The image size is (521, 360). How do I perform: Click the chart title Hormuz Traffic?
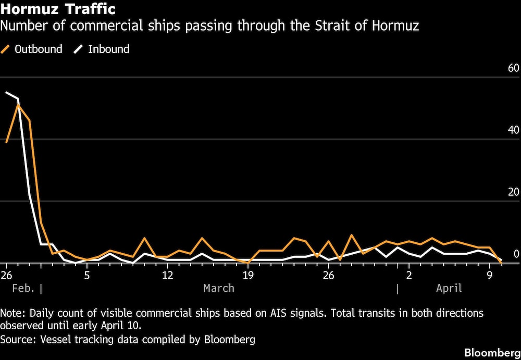58,9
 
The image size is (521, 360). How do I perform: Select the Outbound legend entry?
38,49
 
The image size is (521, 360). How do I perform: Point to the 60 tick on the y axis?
513,68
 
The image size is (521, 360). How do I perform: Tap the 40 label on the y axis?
513,130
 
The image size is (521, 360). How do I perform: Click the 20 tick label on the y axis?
513,192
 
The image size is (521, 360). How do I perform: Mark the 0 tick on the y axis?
516,254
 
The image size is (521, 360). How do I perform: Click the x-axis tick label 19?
247,275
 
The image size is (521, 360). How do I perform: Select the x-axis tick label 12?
167,275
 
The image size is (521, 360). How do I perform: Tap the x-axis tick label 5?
87,275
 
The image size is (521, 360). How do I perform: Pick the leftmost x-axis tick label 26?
7,275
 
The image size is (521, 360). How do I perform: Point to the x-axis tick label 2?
409,275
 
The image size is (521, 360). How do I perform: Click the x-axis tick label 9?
489,275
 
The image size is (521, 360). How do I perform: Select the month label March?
219,288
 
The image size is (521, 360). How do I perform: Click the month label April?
449,288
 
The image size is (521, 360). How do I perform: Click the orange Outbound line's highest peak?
18,105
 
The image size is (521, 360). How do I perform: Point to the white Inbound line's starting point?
6,92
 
